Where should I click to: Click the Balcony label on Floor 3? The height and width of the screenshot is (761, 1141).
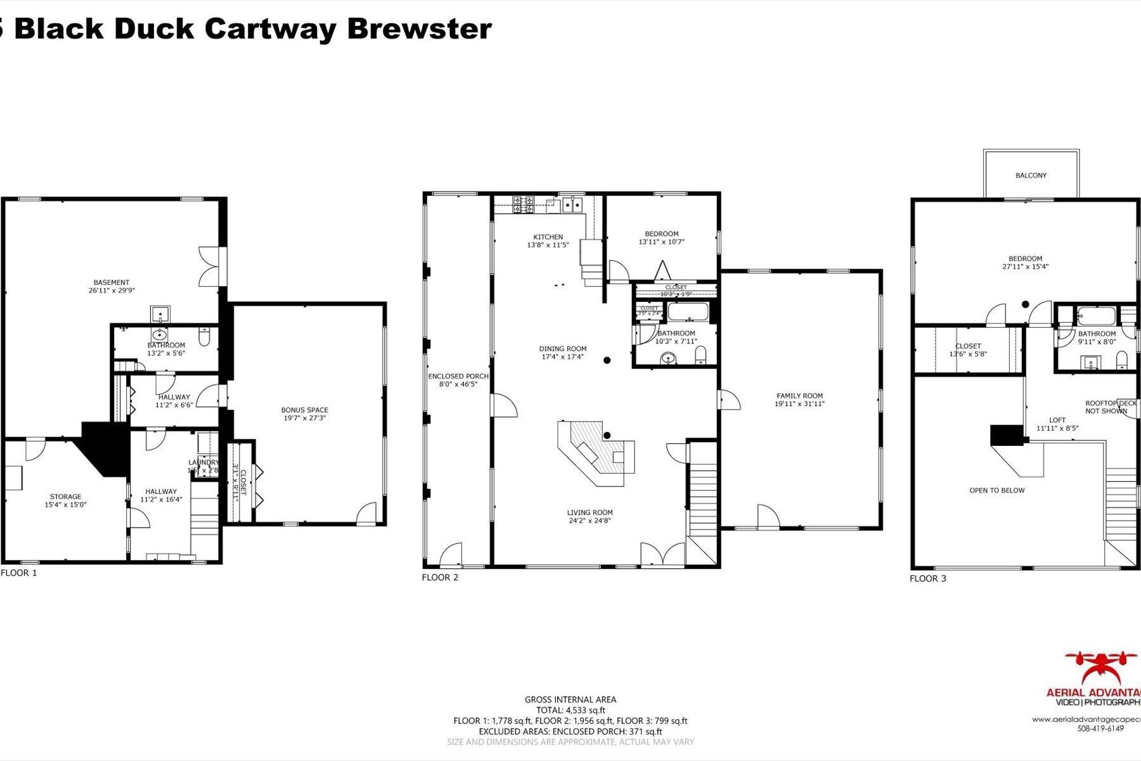[x=1031, y=176]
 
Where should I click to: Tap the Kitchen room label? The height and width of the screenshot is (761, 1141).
[x=548, y=237]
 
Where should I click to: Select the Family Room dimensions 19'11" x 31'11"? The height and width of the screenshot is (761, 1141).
[x=799, y=404]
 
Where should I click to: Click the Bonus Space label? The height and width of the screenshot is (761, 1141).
[x=305, y=410]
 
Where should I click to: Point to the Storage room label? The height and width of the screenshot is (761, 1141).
[x=66, y=497]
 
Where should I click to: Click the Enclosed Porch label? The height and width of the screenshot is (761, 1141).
[x=458, y=376]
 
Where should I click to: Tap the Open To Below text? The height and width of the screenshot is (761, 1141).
[x=996, y=490]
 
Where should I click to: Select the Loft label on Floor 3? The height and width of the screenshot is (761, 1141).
[x=1057, y=420]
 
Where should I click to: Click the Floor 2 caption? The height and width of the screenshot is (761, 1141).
[x=440, y=577]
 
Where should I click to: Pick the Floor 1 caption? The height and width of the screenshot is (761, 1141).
[x=19, y=573]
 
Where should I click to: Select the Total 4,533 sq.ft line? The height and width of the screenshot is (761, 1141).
[x=570, y=710]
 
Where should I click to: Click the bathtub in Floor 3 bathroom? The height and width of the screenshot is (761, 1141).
[x=1095, y=315]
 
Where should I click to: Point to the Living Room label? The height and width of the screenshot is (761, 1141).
[x=590, y=512]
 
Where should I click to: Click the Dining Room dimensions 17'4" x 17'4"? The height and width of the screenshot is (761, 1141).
[x=563, y=357]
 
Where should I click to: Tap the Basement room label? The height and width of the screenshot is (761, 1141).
[x=112, y=282]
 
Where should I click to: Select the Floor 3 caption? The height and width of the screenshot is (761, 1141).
[x=928, y=578]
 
